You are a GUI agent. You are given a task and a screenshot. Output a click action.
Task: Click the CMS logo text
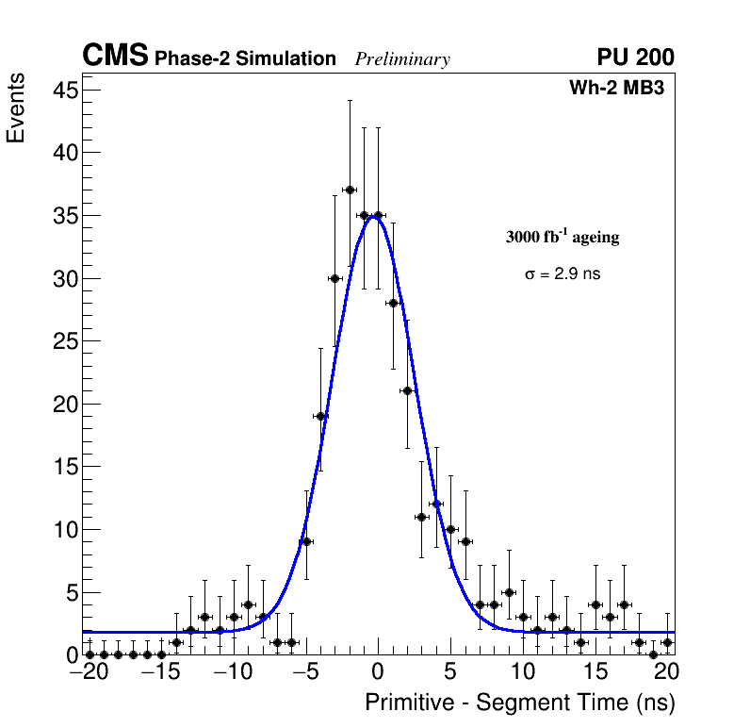[x=115, y=57]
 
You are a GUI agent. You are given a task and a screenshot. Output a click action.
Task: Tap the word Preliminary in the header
[x=402, y=59]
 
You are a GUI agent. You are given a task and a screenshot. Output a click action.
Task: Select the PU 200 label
[x=635, y=58]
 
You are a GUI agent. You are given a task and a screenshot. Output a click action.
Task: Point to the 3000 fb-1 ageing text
[x=562, y=238]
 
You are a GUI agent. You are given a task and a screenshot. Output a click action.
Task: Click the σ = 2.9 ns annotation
[x=562, y=274]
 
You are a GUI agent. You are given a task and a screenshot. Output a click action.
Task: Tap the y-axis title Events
[x=16, y=109]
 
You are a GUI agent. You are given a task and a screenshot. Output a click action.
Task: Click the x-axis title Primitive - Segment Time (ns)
[x=520, y=703]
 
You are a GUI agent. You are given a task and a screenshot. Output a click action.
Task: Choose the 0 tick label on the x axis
[x=378, y=673]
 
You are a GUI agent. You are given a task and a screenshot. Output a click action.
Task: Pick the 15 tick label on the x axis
[x=595, y=673]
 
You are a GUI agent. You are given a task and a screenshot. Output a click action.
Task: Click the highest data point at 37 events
[x=350, y=190]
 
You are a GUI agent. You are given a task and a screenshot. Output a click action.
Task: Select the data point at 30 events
[x=334, y=278]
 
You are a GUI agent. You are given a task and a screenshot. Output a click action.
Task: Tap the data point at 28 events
[x=393, y=303]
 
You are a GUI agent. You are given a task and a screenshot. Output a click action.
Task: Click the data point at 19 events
[x=320, y=416]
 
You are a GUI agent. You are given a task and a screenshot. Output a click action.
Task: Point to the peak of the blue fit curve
[x=375, y=217]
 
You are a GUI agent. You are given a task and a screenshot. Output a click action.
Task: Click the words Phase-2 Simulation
[x=245, y=59]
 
